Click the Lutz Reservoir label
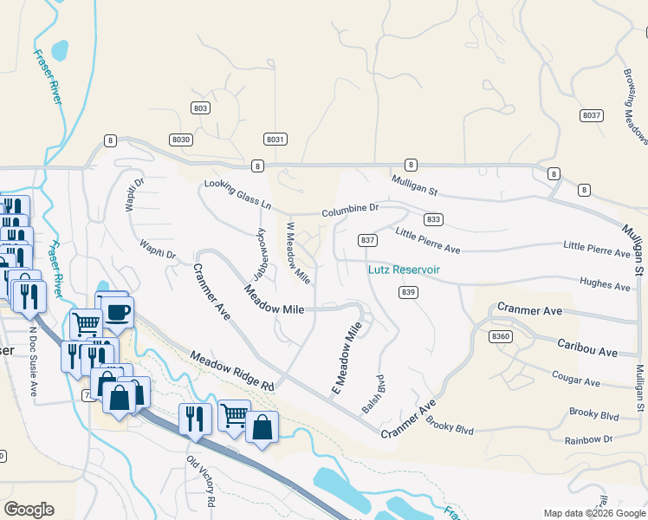pyautogui.click(x=404, y=270)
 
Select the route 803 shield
pyautogui.click(x=201, y=107)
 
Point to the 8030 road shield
pyautogui.click(x=181, y=139)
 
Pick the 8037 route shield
pyautogui.click(x=592, y=114)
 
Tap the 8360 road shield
pyautogui.click(x=501, y=335)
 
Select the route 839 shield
pyautogui.click(x=410, y=292)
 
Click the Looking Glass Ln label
pyautogui.click(x=237, y=196)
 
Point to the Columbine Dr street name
pyautogui.click(x=351, y=209)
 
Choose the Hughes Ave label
pyautogui.click(x=610, y=284)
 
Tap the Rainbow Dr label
pyautogui.click(x=589, y=439)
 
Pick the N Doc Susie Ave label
pyautogui.click(x=34, y=350)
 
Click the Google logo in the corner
pyautogui.click(x=29, y=509)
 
